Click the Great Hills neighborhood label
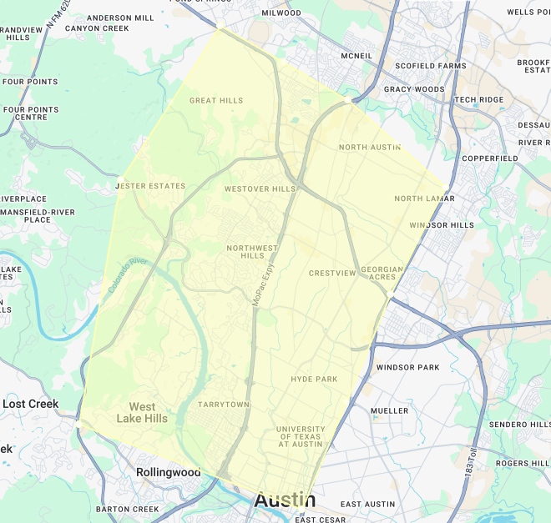click(x=216, y=101)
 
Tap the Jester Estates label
click(x=149, y=186)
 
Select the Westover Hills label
click(x=260, y=189)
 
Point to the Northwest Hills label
click(x=252, y=252)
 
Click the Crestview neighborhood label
click(x=332, y=274)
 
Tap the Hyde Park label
click(x=314, y=380)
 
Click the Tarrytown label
click(x=223, y=405)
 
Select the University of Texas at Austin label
click(x=299, y=436)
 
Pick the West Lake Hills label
click(x=142, y=413)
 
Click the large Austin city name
click(x=285, y=500)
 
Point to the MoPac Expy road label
click(x=263, y=284)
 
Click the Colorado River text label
click(x=127, y=275)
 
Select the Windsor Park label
click(x=407, y=368)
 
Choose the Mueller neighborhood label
click(x=389, y=411)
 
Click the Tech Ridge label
click(x=479, y=100)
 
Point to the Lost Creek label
click(x=31, y=404)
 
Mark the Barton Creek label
click(x=127, y=510)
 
